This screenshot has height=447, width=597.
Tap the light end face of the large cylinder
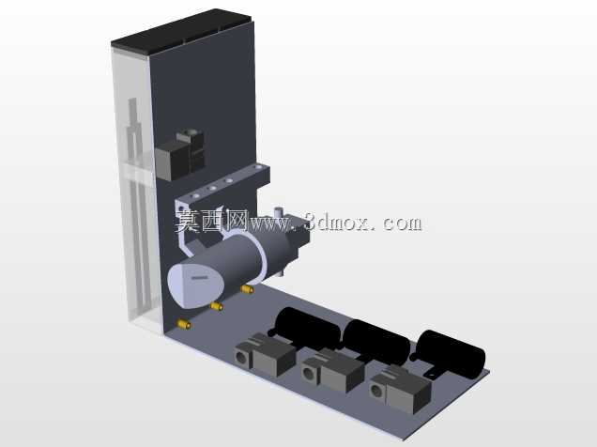point(195,284)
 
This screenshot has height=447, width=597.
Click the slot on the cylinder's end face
point(200,278)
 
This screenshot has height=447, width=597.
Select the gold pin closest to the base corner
point(184,324)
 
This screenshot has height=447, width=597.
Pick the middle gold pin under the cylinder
point(217,306)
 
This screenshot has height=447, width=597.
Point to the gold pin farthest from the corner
point(247,289)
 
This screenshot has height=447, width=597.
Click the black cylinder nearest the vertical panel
point(307,328)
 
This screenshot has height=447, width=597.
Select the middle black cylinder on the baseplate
point(376,341)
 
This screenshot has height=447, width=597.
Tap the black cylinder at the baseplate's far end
point(450,354)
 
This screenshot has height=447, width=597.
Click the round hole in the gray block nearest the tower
point(241,357)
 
